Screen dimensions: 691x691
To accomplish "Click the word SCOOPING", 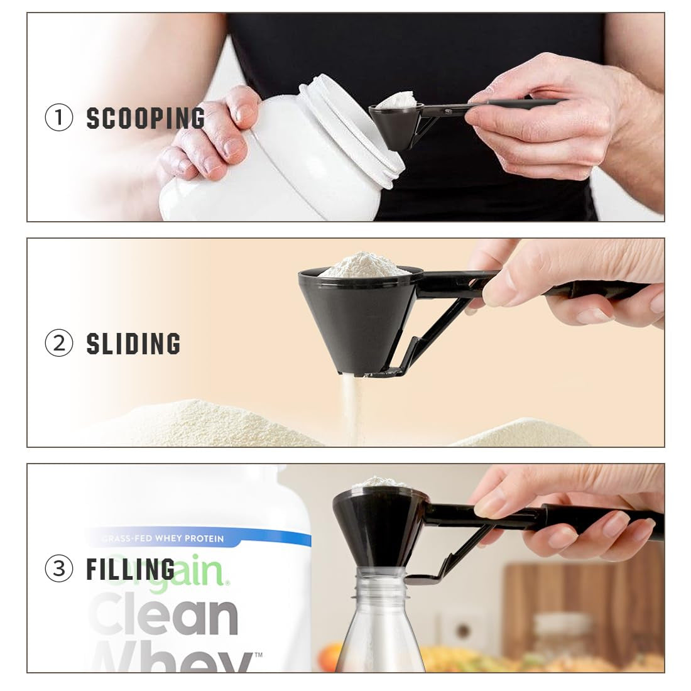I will [146, 119].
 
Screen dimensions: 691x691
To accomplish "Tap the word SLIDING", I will [133, 344].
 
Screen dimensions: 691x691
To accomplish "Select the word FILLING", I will [130, 569].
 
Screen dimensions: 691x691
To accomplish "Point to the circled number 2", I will [59, 344].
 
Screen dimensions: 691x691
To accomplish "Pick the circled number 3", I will [59, 569].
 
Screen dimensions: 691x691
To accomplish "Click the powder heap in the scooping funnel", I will [397, 100].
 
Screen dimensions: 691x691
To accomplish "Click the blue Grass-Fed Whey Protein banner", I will [201, 538].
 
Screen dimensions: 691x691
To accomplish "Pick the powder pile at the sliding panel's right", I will [528, 433].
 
